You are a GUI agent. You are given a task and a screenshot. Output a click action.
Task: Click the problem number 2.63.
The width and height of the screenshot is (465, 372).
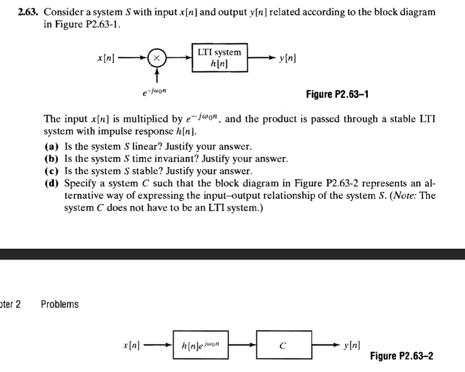point(28,12)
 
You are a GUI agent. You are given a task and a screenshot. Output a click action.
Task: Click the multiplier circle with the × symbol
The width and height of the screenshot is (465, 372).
point(157,58)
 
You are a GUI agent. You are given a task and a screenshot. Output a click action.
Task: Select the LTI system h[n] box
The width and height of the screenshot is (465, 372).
point(220,58)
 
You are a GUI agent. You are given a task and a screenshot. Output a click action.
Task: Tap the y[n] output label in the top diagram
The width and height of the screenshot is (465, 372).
point(287,58)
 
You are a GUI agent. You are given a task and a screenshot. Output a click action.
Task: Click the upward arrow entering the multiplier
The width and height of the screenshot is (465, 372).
point(157,75)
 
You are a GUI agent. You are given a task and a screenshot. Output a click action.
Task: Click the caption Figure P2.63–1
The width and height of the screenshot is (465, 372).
point(337,95)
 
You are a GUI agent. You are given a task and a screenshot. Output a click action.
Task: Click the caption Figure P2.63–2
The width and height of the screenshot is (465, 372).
point(401,355)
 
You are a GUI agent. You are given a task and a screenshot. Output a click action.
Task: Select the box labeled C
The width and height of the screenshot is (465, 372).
point(284,345)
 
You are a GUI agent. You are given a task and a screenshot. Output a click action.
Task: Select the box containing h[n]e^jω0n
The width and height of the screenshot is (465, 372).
point(201,345)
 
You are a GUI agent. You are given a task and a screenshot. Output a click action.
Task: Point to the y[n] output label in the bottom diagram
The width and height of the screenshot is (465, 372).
point(352,345)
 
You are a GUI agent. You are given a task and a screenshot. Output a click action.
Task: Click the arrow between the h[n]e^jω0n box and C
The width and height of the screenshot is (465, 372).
point(242,345)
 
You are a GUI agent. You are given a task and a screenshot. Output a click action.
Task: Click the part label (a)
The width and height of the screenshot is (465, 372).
point(52,146)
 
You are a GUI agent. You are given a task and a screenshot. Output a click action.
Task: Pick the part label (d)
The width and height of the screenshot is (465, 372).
point(52,183)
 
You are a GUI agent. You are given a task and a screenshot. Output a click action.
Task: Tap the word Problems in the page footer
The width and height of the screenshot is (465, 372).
point(60,304)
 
